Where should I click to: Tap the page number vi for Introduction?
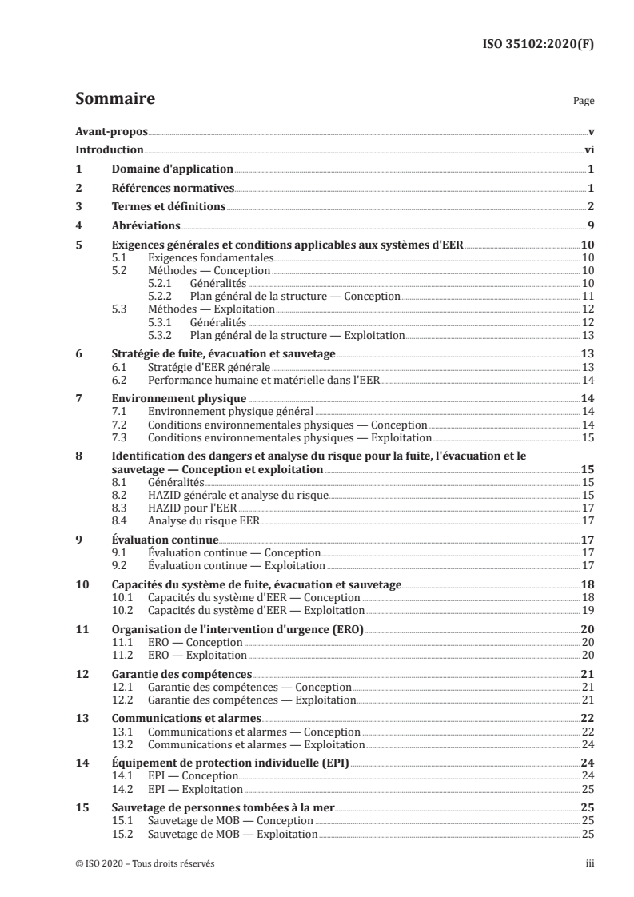point(588,149)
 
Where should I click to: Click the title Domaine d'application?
point(171,169)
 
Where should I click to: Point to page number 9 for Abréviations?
point(589,226)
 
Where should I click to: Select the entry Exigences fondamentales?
point(212,258)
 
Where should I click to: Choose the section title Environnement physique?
point(177,398)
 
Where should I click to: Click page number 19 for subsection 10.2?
point(587,610)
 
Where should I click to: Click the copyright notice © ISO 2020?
point(144,863)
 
